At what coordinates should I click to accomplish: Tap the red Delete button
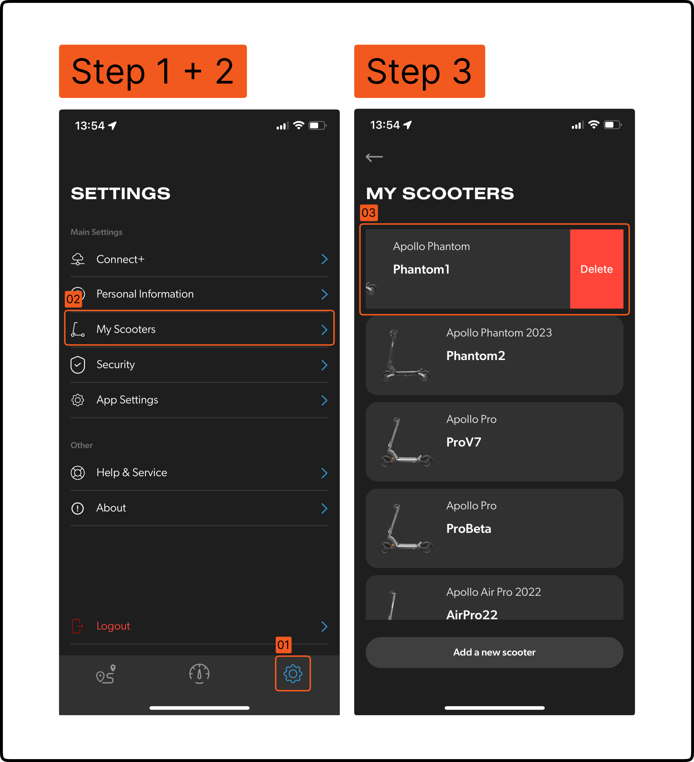tap(597, 269)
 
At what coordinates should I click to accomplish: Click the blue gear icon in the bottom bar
tap(293, 674)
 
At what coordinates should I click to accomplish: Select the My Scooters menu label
tap(126, 329)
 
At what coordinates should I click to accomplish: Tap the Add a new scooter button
tap(494, 652)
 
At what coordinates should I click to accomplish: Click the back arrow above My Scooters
tap(374, 157)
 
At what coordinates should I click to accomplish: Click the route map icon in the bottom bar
tap(106, 674)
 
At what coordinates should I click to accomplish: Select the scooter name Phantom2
tap(476, 356)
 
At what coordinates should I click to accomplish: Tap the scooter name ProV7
tap(464, 442)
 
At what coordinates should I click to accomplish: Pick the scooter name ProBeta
tap(468, 528)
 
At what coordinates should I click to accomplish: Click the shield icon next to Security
tap(78, 365)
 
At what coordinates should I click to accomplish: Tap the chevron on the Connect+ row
tap(324, 259)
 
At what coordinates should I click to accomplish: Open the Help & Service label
tap(132, 472)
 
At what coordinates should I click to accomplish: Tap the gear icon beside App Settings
tap(78, 400)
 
